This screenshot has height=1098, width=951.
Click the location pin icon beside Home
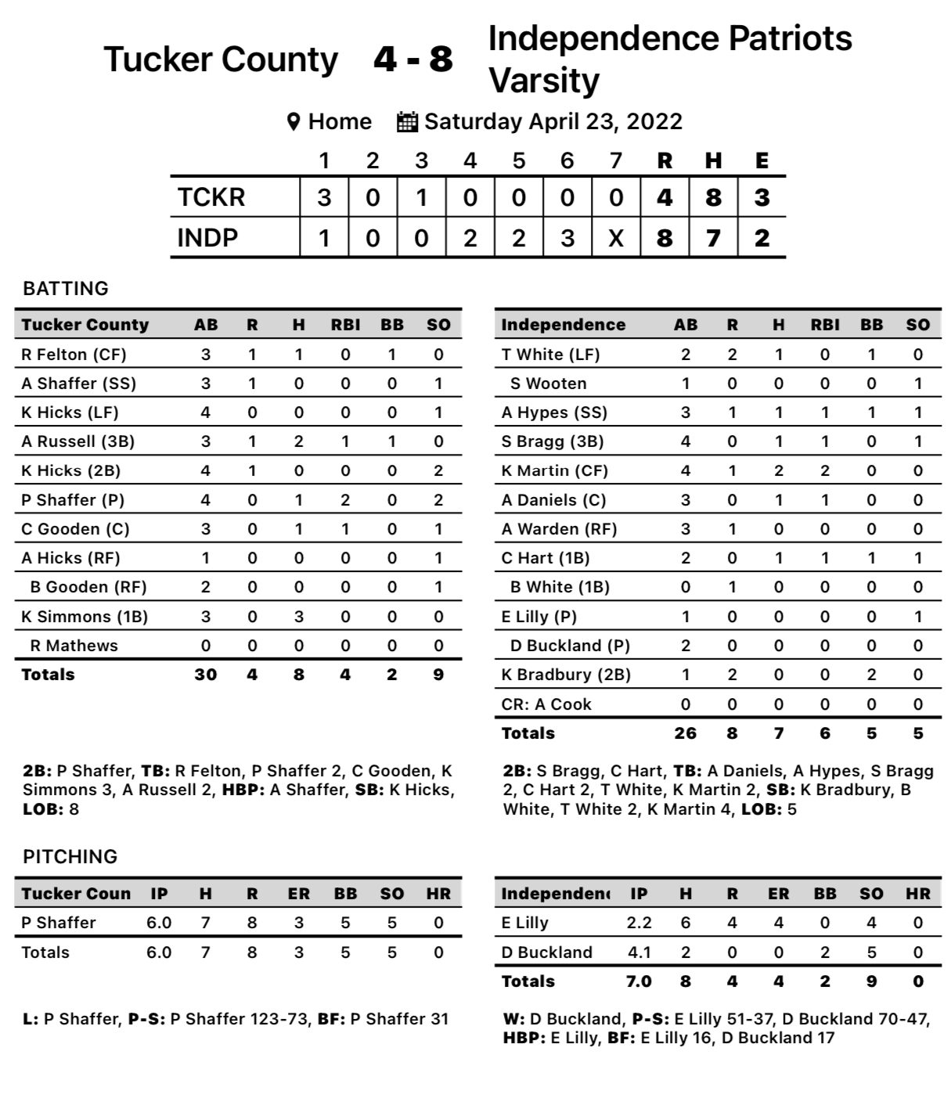(294, 122)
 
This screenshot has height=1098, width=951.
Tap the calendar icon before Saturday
(407, 122)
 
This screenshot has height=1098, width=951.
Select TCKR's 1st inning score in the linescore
(324, 197)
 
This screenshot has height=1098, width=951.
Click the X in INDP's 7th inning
(616, 238)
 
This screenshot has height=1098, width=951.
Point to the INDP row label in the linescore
(207, 238)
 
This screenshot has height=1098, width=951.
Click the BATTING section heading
(66, 289)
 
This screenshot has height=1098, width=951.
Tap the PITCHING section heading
(70, 857)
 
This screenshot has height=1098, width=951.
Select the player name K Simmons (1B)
(85, 617)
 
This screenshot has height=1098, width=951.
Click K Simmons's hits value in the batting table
(298, 617)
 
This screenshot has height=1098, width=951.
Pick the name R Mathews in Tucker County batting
(74, 646)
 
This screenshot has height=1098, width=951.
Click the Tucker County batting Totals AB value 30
(206, 675)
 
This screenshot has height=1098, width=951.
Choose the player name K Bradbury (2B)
(566, 675)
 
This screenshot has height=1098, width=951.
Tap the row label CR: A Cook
(546, 704)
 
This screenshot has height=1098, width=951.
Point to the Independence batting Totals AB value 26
(686, 733)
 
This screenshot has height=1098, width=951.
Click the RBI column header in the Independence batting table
(825, 325)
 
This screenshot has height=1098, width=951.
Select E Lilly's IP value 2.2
(639, 923)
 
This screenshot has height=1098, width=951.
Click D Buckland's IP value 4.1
(639, 952)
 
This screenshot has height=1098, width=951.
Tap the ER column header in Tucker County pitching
(298, 894)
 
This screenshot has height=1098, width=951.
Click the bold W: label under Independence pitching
(513, 1019)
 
